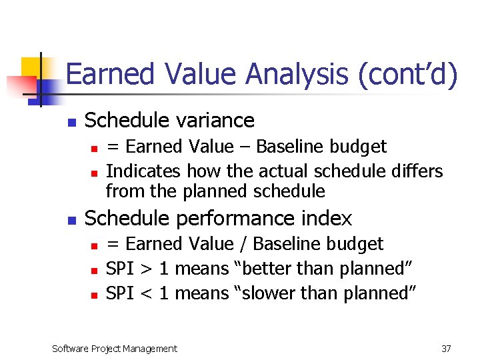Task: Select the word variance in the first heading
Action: coord(217,121)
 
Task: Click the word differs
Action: coord(417,171)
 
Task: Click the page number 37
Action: coord(446,348)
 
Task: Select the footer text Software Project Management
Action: coord(115,348)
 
